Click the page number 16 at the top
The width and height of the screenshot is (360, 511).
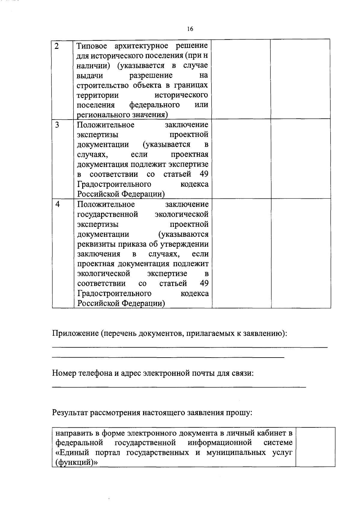click(x=190, y=29)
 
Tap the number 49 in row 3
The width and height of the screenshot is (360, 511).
click(x=204, y=174)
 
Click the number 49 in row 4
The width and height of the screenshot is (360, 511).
click(x=204, y=283)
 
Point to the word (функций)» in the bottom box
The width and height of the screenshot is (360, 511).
click(x=77, y=462)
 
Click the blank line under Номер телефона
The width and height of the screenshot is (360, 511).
click(x=179, y=387)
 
